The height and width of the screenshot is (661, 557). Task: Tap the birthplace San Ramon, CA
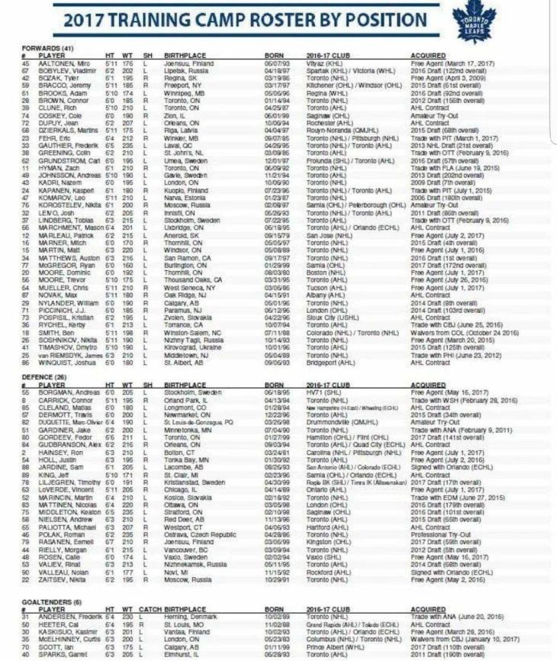click(188, 259)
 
